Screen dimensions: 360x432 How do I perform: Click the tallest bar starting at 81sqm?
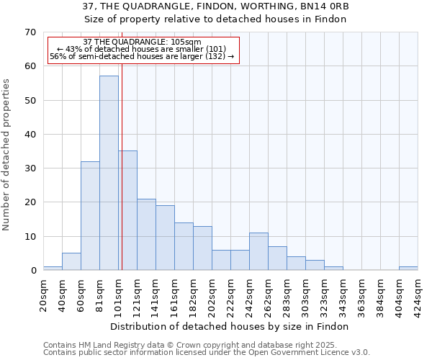109,173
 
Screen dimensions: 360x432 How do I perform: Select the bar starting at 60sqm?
90,216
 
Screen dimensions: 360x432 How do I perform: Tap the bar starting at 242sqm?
258,252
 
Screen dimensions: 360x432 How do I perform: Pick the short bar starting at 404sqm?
408,269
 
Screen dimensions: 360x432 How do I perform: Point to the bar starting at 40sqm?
71,262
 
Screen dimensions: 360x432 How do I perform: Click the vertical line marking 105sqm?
122,166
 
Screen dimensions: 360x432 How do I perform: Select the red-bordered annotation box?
143,50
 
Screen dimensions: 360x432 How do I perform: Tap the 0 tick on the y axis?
32,271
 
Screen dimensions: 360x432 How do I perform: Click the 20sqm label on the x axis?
44,294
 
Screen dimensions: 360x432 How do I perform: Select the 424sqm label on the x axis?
418,294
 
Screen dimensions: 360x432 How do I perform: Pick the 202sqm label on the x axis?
212,294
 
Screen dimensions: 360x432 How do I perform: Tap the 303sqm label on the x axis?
306,294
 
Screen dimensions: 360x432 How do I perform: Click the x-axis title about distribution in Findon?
230,326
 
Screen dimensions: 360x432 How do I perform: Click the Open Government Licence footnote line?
207,353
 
